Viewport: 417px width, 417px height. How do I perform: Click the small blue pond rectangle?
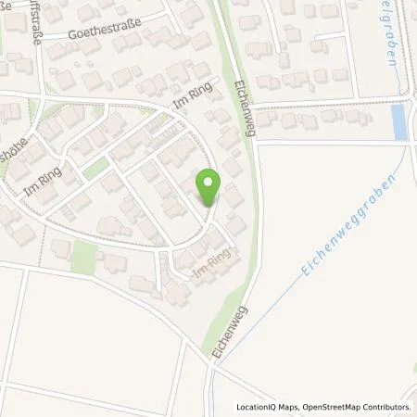click(x=399, y=122)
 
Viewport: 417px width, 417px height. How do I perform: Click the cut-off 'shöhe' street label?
click(x=11, y=158)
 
